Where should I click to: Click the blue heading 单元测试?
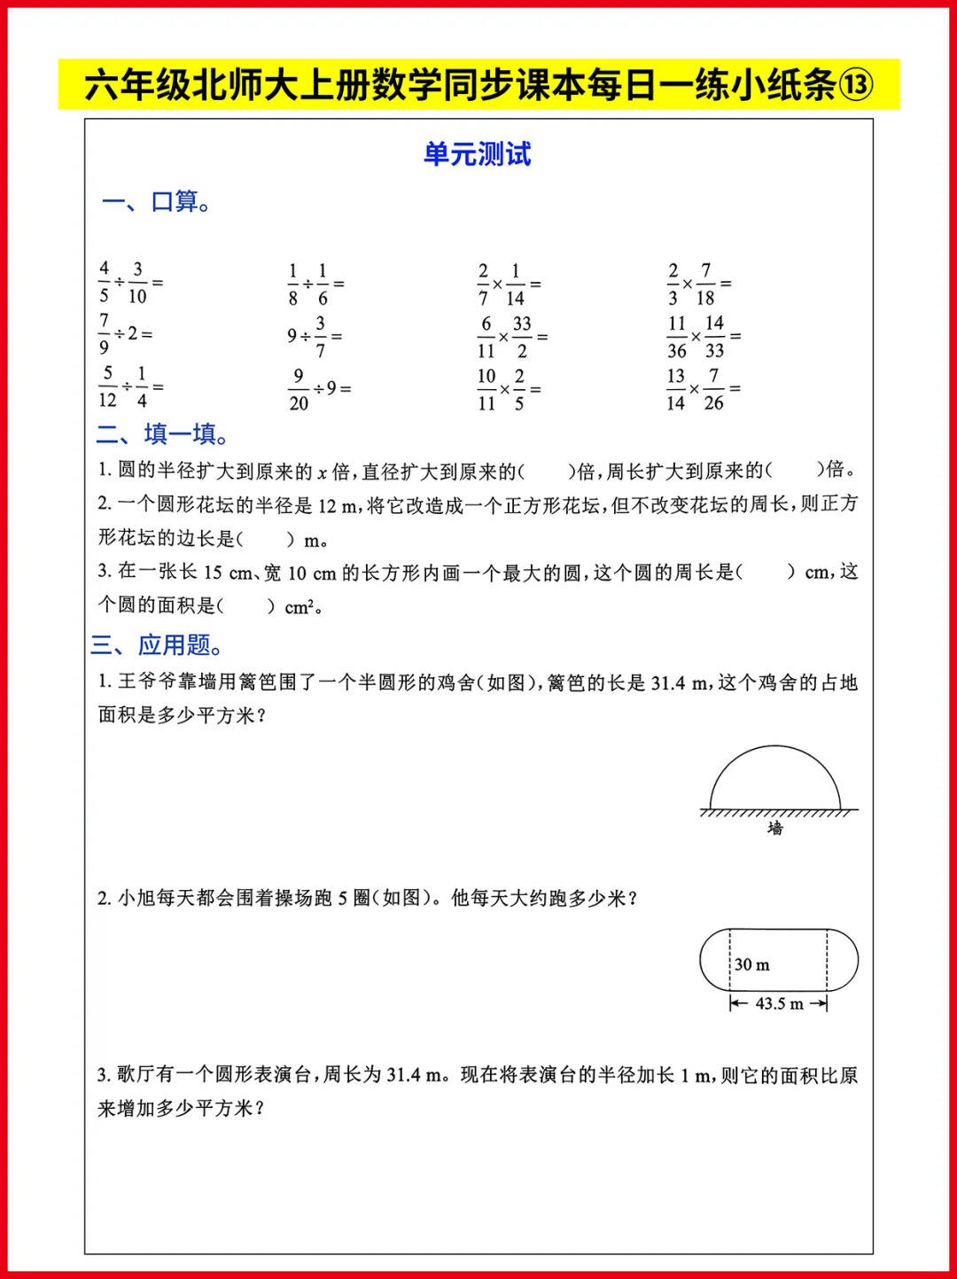tap(477, 154)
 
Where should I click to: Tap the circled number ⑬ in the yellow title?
tap(856, 85)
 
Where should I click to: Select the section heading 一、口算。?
tap(156, 202)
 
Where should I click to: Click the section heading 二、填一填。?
tap(163, 433)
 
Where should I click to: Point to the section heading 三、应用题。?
tap(158, 644)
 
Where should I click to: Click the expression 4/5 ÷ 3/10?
tap(130, 283)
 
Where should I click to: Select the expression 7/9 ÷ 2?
tap(125, 334)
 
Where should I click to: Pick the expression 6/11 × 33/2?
tap(511, 338)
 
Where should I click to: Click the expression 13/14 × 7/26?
tap(703, 389)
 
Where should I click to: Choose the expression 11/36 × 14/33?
tap(703, 337)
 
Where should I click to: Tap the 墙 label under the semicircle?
tap(775, 828)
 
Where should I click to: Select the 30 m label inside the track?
tap(752, 964)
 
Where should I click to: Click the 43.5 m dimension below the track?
tap(779, 1003)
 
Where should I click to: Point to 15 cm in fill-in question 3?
tap(228, 573)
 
